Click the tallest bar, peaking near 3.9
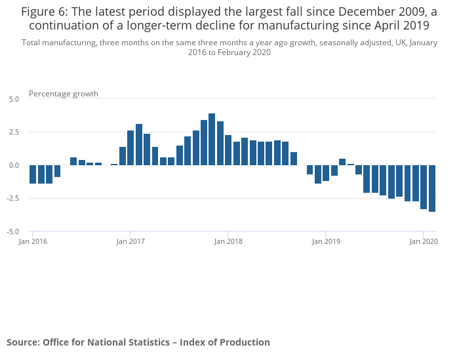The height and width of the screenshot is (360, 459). coord(212,140)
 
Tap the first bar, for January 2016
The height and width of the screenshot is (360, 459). coord(33,174)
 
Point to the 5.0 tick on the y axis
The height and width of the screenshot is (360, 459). coord(14,99)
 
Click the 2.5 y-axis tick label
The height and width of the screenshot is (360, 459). coord(14,132)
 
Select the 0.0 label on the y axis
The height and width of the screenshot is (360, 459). coord(14,165)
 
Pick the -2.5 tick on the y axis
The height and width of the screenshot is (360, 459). coord(13,199)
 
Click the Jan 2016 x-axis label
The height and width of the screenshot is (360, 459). coord(33,241)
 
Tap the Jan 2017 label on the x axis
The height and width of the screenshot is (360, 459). coord(130,241)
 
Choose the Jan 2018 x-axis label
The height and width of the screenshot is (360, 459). coord(228,241)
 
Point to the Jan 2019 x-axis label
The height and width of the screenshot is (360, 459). coord(326,241)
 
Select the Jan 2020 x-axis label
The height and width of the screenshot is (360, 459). coord(424,241)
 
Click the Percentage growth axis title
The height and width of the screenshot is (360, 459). coord(64,94)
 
